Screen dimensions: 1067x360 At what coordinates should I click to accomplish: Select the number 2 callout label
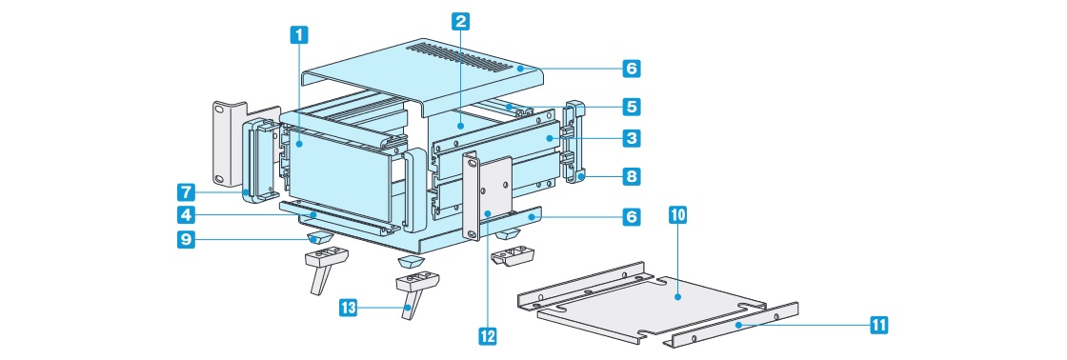[x=461, y=21]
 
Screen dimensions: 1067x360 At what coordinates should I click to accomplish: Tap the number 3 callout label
[x=632, y=139]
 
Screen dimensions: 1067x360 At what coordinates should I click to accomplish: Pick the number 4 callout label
[x=186, y=216]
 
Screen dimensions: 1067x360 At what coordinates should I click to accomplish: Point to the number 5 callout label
[x=632, y=107]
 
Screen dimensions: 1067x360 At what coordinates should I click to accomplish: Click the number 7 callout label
[x=186, y=192]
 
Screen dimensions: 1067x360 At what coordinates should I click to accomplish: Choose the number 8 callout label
[x=632, y=177]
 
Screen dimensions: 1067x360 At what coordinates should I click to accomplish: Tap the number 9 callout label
[x=186, y=240]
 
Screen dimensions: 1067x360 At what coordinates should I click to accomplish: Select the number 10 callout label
[x=678, y=216]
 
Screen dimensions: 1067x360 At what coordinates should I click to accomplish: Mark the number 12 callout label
[x=488, y=335]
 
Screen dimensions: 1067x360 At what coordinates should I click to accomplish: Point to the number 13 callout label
[x=349, y=308]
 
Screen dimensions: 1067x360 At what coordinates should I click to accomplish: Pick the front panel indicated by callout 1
[x=337, y=175]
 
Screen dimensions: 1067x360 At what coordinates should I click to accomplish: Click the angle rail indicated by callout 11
[x=735, y=325]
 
